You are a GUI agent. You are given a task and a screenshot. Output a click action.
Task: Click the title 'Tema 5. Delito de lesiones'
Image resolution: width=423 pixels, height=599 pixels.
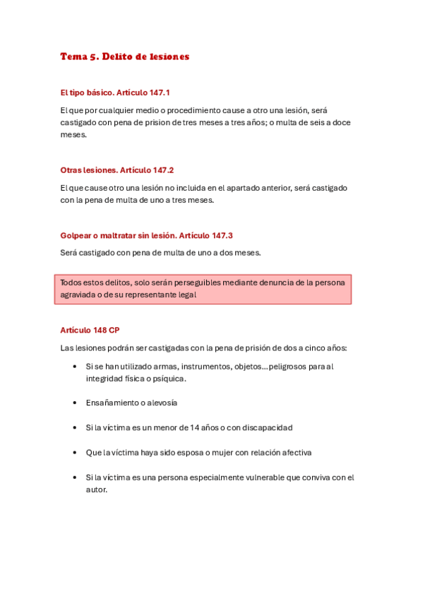tap(125, 57)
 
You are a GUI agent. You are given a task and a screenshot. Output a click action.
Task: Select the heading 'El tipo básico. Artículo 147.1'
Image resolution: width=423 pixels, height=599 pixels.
tap(115, 93)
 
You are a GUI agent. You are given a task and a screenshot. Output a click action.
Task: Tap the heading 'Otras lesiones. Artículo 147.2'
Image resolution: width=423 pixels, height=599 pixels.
tap(117, 170)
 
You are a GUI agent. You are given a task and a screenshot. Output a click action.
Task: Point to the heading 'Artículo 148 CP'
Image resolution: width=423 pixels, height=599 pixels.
tap(90, 330)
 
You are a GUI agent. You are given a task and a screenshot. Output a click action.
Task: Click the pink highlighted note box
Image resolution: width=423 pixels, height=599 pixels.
tap(203, 290)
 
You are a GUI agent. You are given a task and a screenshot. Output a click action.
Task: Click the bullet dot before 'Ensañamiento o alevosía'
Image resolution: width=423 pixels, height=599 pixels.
tap(75, 403)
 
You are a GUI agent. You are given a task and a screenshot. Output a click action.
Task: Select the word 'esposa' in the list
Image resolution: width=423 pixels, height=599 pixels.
tap(189, 452)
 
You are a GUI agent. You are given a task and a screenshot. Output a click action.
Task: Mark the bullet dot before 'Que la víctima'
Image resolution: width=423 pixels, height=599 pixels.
tap(75, 452)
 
